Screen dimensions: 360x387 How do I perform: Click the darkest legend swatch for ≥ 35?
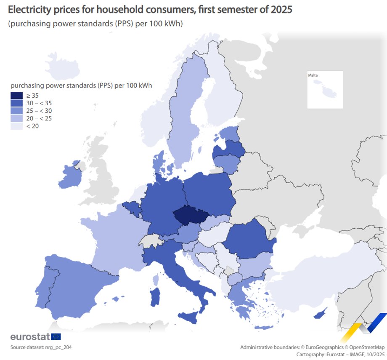17,95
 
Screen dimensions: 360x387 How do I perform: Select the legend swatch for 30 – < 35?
17,103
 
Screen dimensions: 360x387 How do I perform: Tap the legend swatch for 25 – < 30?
17,110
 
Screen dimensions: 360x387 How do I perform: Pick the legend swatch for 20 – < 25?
17,118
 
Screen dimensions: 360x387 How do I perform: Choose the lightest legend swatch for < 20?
17,126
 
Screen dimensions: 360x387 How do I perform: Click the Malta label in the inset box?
313,75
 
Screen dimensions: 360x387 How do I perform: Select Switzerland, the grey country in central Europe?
150,241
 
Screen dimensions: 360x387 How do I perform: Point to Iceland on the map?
62,66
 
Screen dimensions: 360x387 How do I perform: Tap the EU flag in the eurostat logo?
56,336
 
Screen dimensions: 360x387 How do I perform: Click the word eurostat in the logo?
29,337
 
